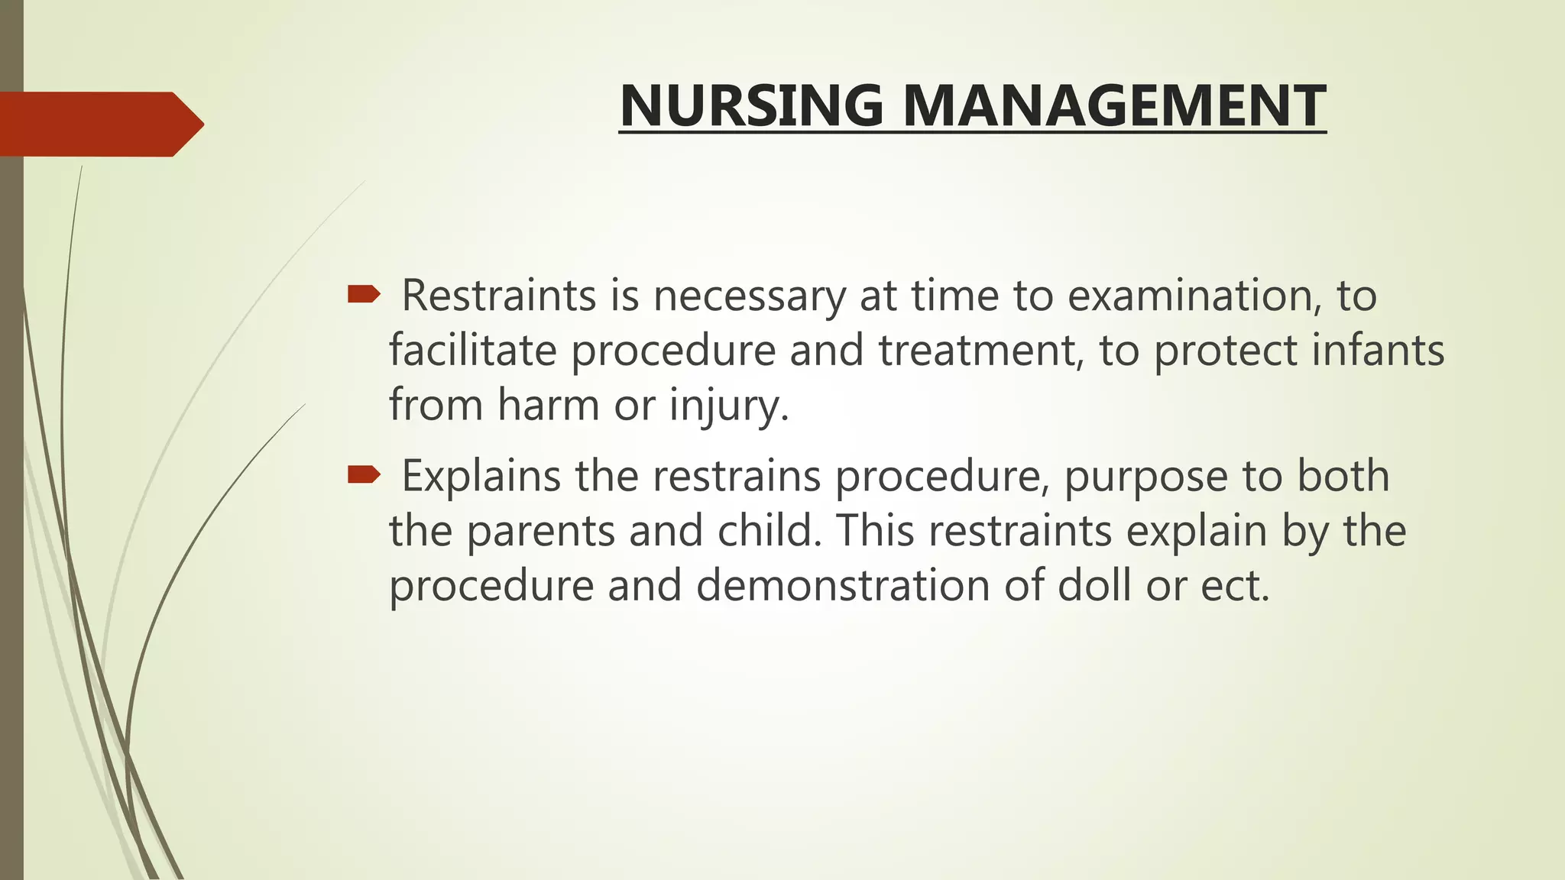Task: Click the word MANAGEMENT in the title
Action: point(1114,105)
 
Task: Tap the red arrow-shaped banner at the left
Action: point(99,124)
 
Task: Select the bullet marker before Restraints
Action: point(363,294)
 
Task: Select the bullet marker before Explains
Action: point(363,475)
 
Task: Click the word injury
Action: point(728,405)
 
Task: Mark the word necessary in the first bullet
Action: point(749,296)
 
